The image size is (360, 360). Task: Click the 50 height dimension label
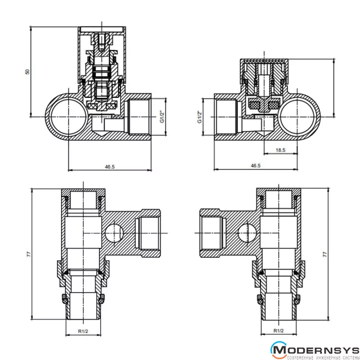click(27, 72)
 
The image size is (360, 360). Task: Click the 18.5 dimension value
click(280, 150)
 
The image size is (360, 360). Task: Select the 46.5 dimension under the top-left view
click(110, 166)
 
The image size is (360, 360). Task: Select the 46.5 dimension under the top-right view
click(256, 166)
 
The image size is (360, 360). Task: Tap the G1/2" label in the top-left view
click(162, 117)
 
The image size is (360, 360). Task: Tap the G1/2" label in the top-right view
click(200, 117)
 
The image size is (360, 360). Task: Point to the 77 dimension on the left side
click(28, 254)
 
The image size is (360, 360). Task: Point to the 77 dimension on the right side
click(324, 254)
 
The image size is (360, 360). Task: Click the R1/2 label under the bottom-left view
click(83, 331)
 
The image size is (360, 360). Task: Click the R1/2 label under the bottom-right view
click(279, 331)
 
